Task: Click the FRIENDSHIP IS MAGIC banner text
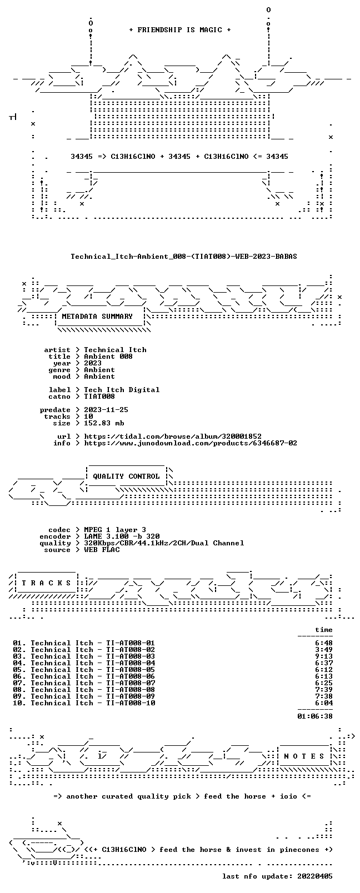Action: pyautogui.click(x=180, y=30)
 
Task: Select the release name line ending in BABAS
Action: pyautogui.click(x=184, y=257)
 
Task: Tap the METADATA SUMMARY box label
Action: pyautogui.click(x=97, y=316)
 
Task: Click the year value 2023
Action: pyautogui.click(x=92, y=363)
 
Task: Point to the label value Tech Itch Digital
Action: pyautogui.click(x=122, y=390)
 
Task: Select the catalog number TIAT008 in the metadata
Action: pyautogui.click(x=99, y=397)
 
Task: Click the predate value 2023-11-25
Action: pyautogui.click(x=106, y=410)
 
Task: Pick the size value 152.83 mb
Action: pyautogui.click(x=104, y=423)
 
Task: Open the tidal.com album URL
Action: pyautogui.click(x=173, y=437)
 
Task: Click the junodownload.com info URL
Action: pyautogui.click(x=191, y=443)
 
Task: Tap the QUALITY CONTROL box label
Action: pyautogui.click(x=126, y=476)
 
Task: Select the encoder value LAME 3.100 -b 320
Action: pyautogui.click(x=122, y=536)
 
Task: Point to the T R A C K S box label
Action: pyautogui.click(x=46, y=583)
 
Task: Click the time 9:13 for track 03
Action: pyautogui.click(x=324, y=656)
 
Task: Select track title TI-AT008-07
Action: pyautogui.click(x=131, y=683)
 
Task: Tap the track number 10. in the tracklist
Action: pyautogui.click(x=19, y=703)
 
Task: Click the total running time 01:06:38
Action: pyautogui.click(x=315, y=716)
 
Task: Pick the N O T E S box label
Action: pyautogui.click(x=304, y=756)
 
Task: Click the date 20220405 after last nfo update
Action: pyautogui.click(x=315, y=876)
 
